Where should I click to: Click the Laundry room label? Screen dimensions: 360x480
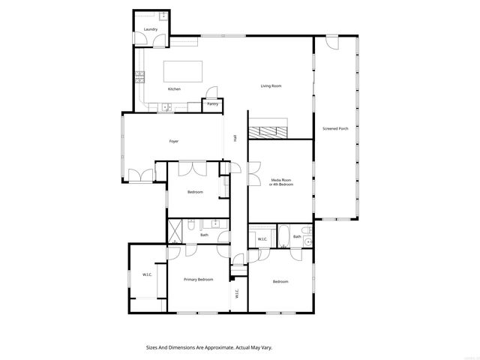click(150, 29)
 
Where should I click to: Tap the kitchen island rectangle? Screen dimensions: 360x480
click(183, 71)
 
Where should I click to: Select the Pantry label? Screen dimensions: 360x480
click(213, 103)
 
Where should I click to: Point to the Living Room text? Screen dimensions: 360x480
click(271, 86)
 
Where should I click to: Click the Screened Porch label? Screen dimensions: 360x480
click(335, 128)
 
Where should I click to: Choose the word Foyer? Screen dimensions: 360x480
click(173, 141)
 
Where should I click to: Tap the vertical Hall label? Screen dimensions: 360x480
click(235, 138)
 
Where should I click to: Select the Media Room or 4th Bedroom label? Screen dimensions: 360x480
click(280, 182)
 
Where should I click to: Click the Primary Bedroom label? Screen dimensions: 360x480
click(199, 279)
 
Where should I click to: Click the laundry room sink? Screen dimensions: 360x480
click(163, 16)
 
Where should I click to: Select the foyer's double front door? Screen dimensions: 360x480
click(138, 176)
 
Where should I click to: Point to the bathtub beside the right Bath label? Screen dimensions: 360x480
click(284, 236)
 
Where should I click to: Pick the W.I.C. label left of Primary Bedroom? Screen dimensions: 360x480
click(148, 274)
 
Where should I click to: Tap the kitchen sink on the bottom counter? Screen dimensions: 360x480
click(166, 108)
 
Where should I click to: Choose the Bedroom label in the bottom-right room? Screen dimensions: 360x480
click(280, 281)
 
